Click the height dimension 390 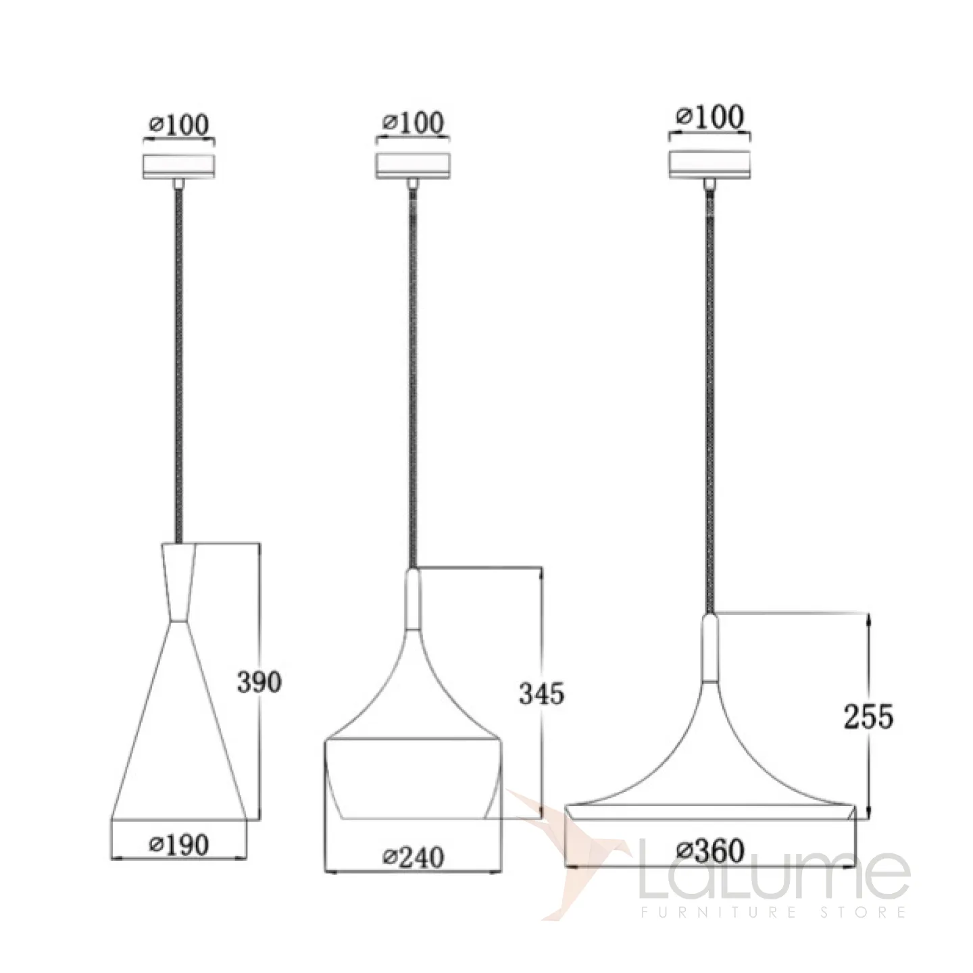point(259,682)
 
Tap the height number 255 point(868,716)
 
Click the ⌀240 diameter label point(413,857)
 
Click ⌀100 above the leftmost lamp point(179,124)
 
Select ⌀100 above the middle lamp point(413,122)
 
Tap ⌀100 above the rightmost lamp point(710,117)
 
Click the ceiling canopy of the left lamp point(179,166)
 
